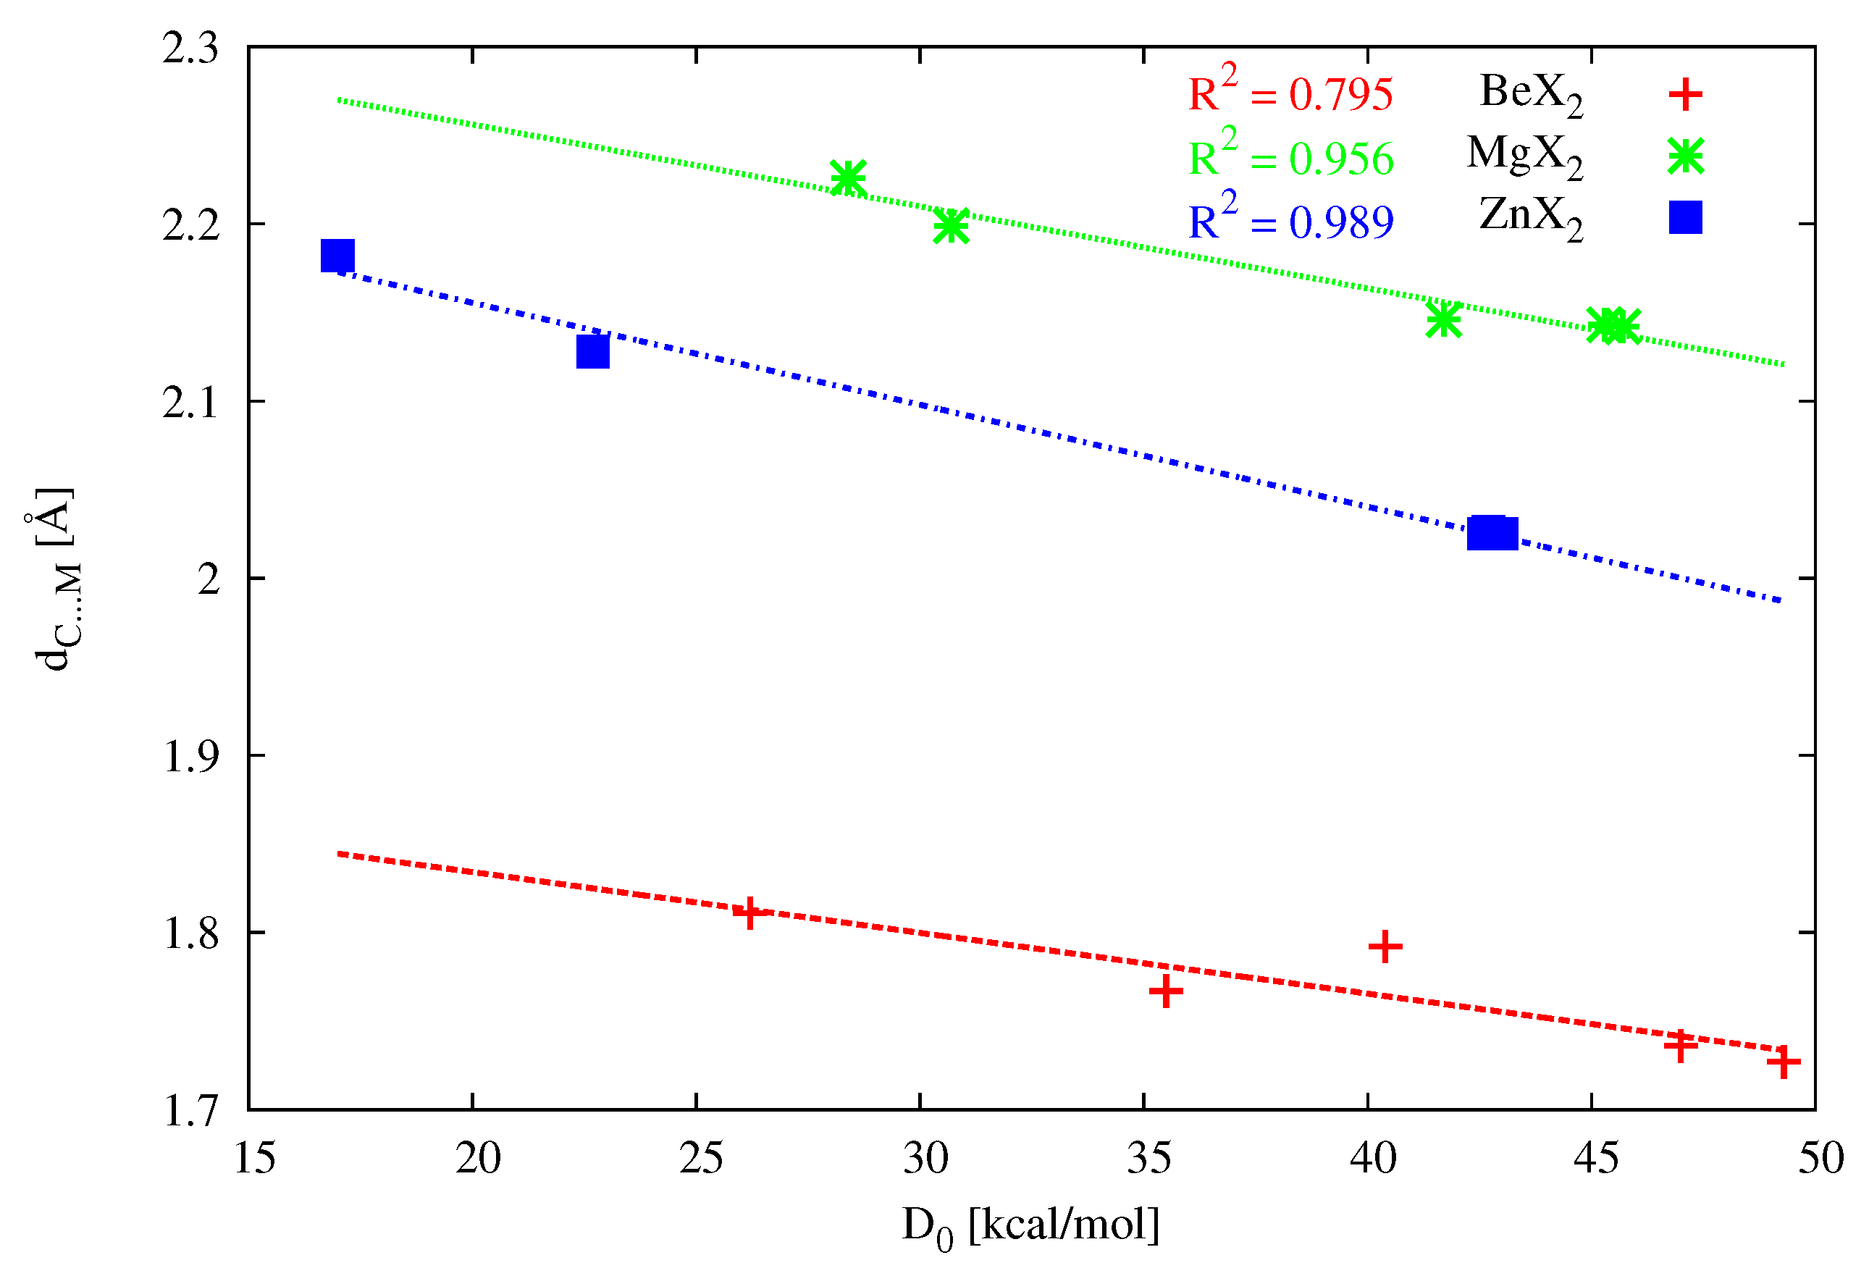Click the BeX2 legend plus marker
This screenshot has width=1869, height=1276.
pos(1685,95)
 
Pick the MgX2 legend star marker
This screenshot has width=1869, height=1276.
pos(1685,156)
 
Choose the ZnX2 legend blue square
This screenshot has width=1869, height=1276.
pos(1685,218)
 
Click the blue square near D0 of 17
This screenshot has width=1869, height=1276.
pos(337,256)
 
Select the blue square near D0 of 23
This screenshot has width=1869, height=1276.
pos(593,351)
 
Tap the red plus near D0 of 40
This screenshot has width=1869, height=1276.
pos(1385,946)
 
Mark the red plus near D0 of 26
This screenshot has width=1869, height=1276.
pos(749,913)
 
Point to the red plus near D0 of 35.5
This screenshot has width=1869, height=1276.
pos(1165,991)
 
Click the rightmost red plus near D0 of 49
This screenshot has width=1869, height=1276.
pos(1783,1063)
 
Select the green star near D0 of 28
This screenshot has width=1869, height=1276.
pos(848,177)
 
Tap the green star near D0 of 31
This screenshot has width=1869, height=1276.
pos(951,226)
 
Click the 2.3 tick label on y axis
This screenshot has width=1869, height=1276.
pos(190,49)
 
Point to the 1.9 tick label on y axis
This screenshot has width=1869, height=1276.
pos(190,756)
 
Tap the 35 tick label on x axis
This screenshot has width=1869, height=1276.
pos(1150,1158)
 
